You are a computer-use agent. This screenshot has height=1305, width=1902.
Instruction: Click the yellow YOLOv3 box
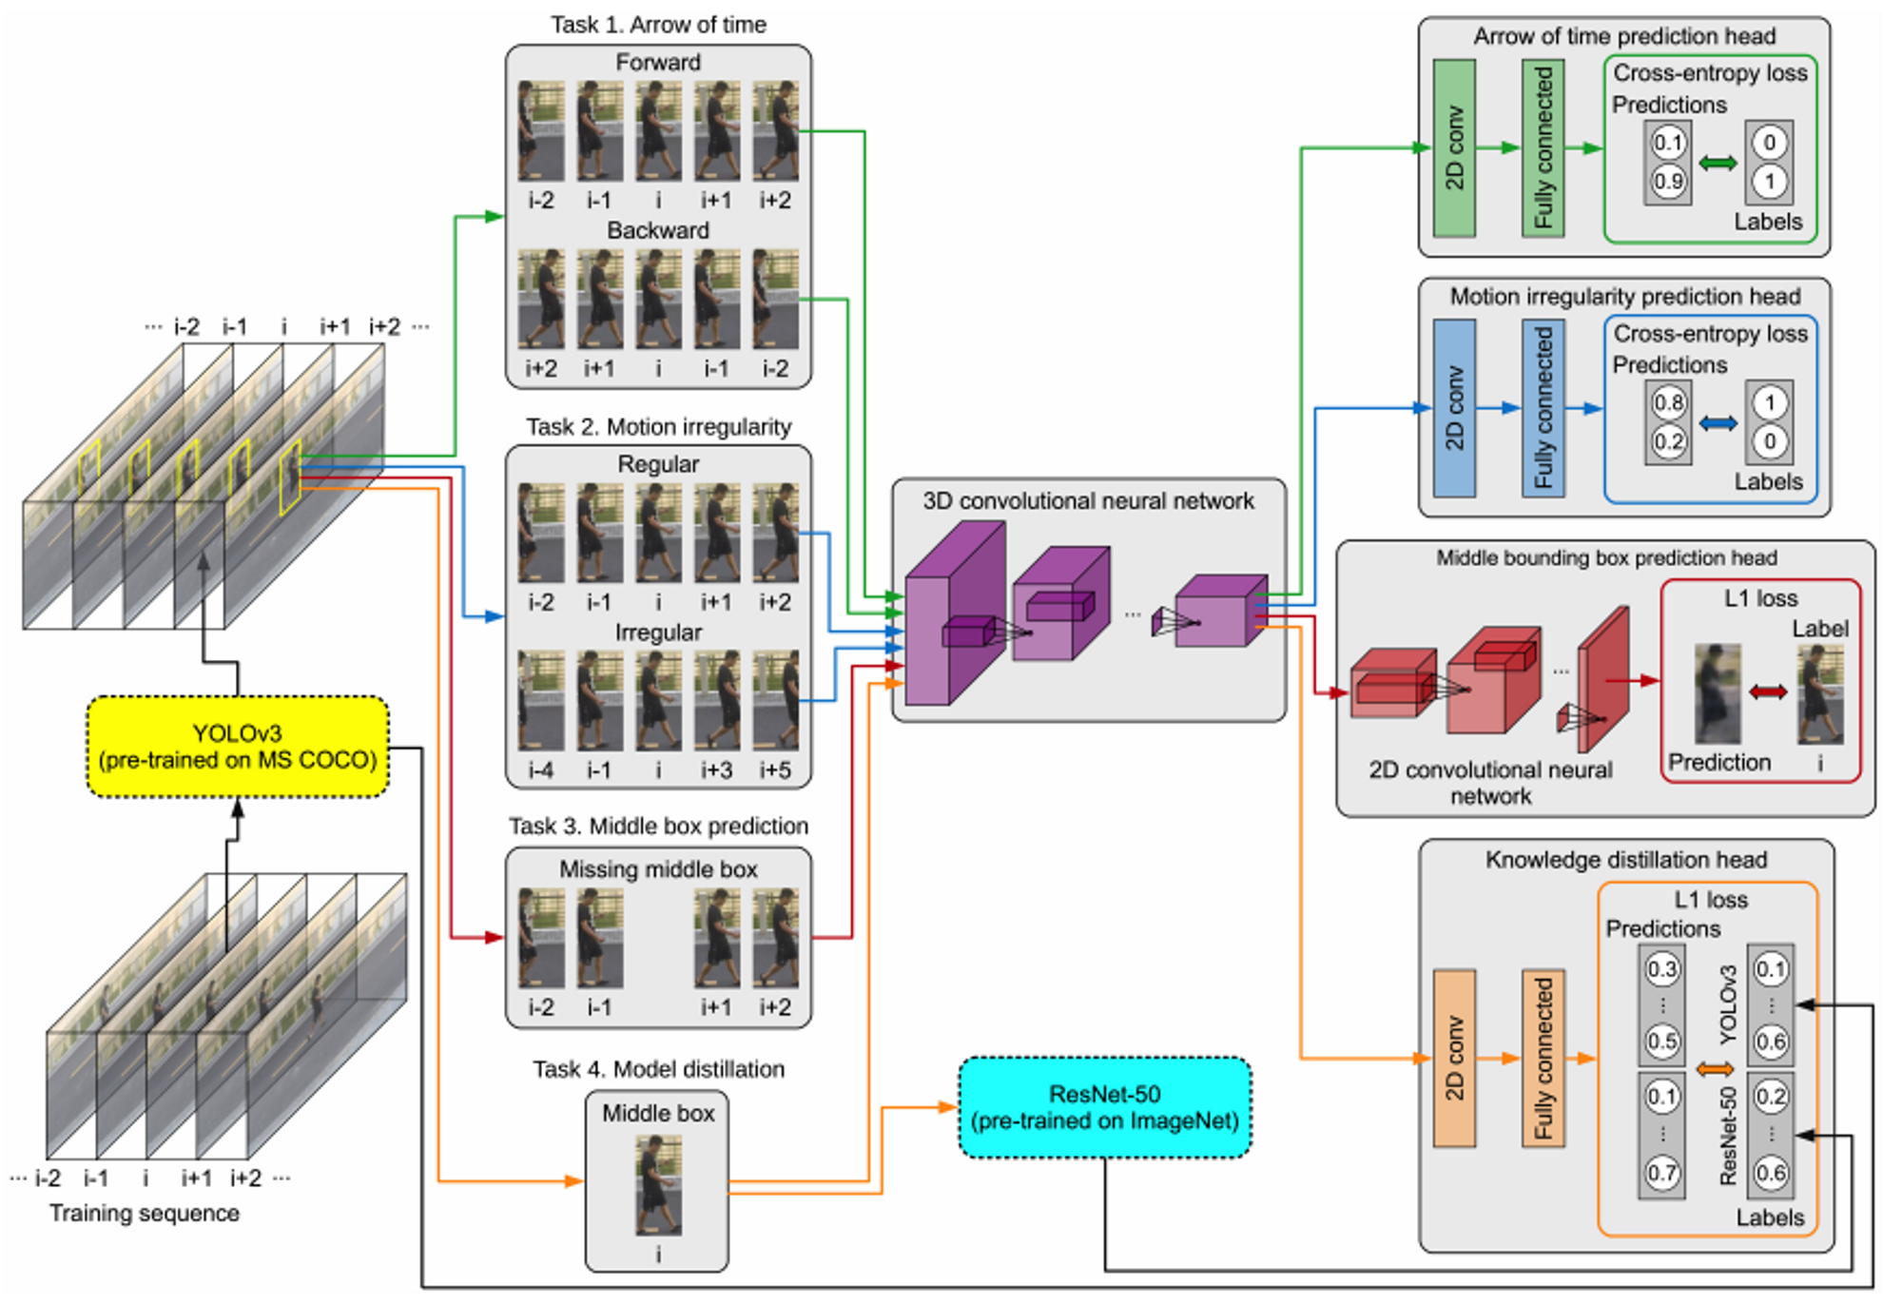point(238,747)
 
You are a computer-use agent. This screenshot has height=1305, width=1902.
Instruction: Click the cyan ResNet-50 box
point(1105,1108)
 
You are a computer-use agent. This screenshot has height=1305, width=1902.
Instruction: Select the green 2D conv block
point(1454,148)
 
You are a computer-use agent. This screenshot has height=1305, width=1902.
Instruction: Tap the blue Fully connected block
point(1543,408)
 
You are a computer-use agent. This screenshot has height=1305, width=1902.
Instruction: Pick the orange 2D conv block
point(1454,1059)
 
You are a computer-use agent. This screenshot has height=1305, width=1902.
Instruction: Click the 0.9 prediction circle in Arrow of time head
point(1668,181)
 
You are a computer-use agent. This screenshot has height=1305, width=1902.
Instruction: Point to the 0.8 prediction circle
point(1668,402)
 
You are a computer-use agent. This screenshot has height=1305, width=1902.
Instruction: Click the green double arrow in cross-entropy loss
point(1718,164)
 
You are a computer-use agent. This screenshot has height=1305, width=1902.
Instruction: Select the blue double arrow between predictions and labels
point(1718,423)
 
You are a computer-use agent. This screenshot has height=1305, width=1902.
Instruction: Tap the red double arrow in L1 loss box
point(1768,691)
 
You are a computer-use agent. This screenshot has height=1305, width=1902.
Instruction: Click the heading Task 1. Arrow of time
point(658,25)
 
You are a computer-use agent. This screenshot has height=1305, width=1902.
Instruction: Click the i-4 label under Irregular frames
point(540,769)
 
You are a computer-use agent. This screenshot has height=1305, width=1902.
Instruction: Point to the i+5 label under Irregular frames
point(775,769)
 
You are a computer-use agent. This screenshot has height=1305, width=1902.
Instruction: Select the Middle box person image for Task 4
point(658,1185)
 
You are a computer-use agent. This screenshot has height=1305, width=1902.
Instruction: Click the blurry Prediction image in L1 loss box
point(1718,693)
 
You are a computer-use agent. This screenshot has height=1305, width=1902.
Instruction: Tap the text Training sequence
point(145,1214)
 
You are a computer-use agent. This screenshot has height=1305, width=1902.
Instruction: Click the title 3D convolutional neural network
point(1088,501)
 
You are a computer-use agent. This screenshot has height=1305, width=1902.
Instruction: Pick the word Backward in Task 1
point(658,231)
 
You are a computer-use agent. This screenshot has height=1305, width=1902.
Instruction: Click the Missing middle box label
point(658,869)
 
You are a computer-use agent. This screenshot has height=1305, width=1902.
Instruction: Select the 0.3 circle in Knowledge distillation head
point(1661,969)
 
